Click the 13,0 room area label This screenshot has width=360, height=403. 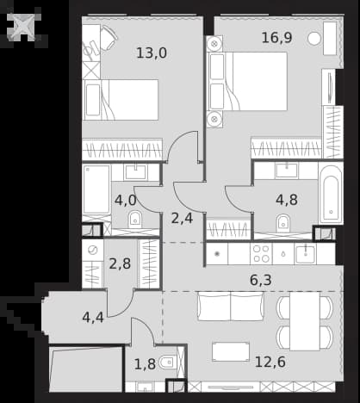(x=152, y=53)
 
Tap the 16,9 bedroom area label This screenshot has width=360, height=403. (x=276, y=38)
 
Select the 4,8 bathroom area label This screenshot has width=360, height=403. (x=287, y=200)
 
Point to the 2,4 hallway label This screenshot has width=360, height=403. (x=182, y=219)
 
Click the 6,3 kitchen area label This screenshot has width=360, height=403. (x=261, y=280)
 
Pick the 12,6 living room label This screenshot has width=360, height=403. (x=270, y=362)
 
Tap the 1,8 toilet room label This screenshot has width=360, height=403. (x=145, y=364)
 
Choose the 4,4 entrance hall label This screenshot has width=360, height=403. (x=93, y=318)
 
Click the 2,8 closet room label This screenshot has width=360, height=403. (x=120, y=263)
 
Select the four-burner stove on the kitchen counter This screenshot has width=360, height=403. (x=261, y=254)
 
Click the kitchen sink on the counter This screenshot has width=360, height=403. (x=305, y=254)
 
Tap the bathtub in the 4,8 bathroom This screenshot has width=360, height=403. (x=331, y=194)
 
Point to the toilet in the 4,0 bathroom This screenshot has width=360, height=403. (x=135, y=219)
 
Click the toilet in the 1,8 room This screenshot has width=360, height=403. (x=167, y=363)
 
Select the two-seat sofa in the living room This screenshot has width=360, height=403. (x=231, y=306)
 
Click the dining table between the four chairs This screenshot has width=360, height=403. (x=305, y=321)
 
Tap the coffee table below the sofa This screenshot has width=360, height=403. (x=231, y=351)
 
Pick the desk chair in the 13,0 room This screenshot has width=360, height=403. (x=109, y=38)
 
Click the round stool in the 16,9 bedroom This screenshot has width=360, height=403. (x=314, y=39)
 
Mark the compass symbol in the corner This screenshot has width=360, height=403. (x=24, y=26)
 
